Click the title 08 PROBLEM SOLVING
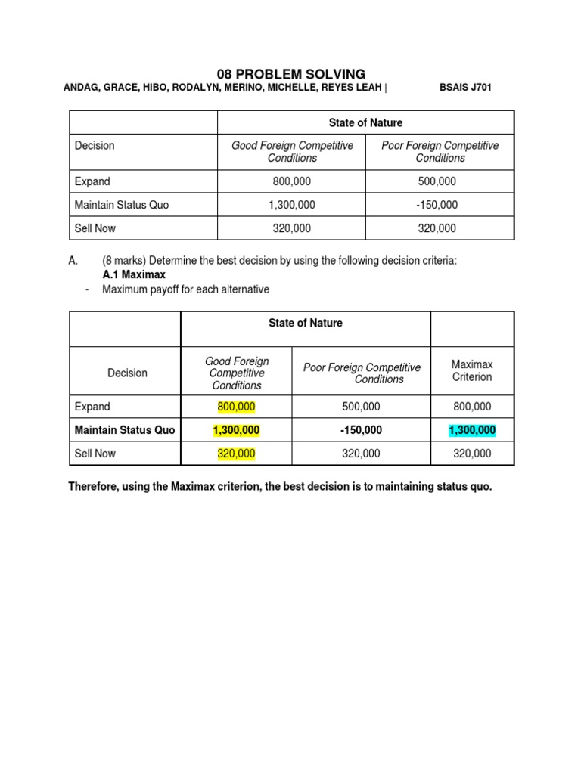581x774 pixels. tap(290, 73)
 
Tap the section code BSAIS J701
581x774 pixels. tap(465, 88)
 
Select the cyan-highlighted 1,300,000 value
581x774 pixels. tap(472, 430)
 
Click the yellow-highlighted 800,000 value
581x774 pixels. tap(236, 407)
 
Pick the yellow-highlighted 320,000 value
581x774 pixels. tap(236, 454)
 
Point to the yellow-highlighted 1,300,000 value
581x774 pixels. tap(236, 430)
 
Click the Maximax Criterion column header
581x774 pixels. tap(472, 370)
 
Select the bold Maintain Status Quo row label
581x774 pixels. tap(125, 430)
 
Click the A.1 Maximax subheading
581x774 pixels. tap(134, 274)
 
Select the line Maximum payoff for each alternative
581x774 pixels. tap(185, 289)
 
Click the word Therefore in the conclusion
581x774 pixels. tap(95, 487)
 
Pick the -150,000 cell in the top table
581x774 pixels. tap(440, 205)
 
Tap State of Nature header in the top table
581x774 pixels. tap(366, 122)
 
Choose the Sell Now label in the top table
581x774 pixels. tap(95, 228)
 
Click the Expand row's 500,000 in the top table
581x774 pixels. tap(440, 181)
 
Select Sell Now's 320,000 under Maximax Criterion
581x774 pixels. tap(472, 454)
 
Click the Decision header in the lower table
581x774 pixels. tap(127, 373)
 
